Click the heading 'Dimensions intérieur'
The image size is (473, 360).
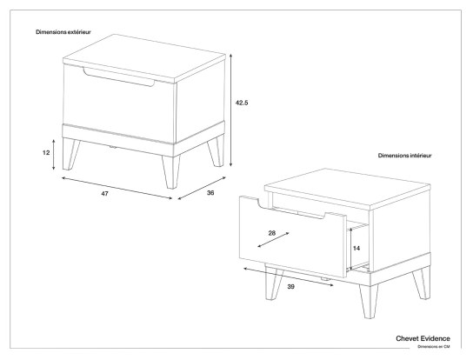click(404, 156)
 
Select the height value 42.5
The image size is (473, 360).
click(243, 103)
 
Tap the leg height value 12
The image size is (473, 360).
click(46, 151)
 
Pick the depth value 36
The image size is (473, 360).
click(210, 193)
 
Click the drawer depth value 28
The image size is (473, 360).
click(272, 234)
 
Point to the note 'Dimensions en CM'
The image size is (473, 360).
click(432, 346)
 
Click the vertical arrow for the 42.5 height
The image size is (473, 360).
click(232, 109)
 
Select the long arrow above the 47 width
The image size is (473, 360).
click(117, 187)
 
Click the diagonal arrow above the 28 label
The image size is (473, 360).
click(274, 243)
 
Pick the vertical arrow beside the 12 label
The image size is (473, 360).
click(55, 152)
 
